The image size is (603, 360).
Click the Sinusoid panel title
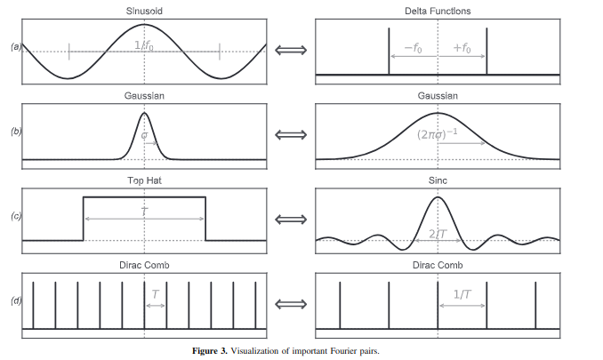click(143, 11)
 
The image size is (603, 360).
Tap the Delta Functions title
click(438, 11)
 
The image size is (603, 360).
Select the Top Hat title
click(143, 180)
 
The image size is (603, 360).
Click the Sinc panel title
click(438, 180)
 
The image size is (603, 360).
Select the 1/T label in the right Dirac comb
click(462, 293)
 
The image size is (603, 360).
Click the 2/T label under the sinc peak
click(438, 233)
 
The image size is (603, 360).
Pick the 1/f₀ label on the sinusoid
click(143, 45)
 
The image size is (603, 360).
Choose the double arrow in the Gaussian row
click(290, 134)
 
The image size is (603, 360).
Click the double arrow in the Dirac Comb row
click(290, 304)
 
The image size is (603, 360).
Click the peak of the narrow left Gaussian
click(144, 112)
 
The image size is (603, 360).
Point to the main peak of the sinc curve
click(438, 196)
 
